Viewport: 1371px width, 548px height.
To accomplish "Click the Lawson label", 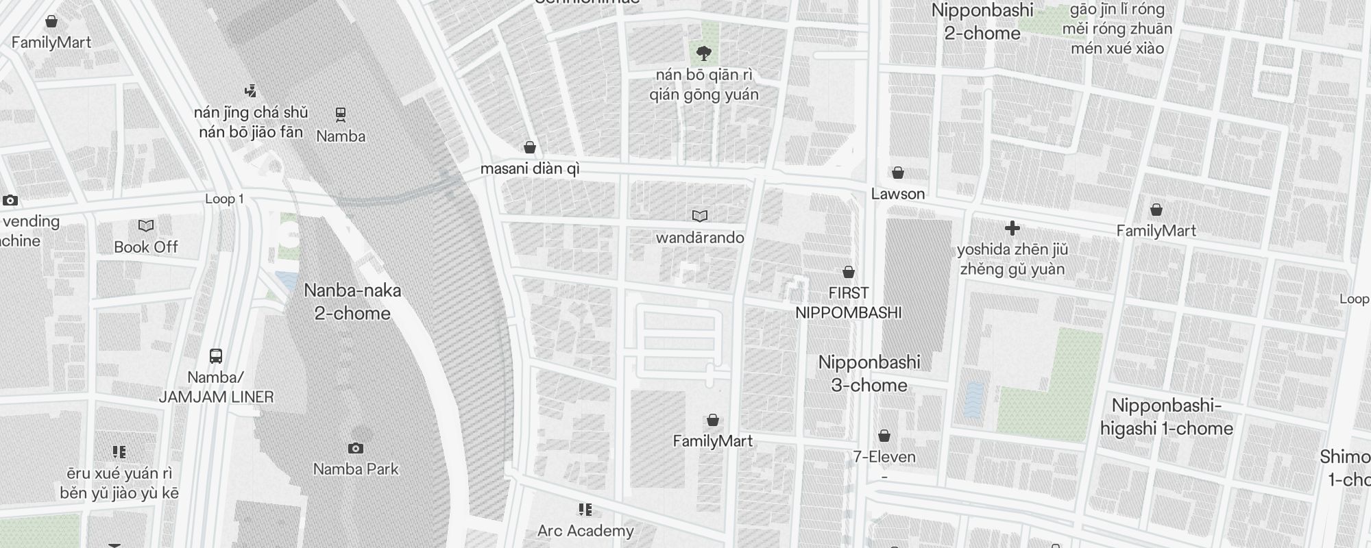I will tap(898, 194).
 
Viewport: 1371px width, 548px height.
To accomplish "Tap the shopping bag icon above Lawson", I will tap(898, 173).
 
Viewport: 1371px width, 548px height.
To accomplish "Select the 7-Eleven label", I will tap(884, 457).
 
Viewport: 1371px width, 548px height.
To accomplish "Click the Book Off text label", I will tap(146, 247).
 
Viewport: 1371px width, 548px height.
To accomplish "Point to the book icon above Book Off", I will tap(146, 225).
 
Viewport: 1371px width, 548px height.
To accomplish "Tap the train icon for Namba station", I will tap(341, 114).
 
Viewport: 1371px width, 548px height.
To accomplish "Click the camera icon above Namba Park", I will tap(355, 448).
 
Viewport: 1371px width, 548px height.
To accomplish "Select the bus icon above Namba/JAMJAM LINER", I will tap(216, 356).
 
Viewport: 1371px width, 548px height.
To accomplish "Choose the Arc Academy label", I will tap(585, 531).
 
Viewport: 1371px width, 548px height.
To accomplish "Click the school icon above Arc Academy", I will tap(585, 509).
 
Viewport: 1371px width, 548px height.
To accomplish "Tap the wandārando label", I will tap(700, 238).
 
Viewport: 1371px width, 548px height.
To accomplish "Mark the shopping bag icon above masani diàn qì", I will tap(529, 147).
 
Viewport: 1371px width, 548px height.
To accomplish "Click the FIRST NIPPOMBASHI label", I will tap(849, 303).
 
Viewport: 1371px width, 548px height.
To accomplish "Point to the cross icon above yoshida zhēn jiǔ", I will tap(1012, 228).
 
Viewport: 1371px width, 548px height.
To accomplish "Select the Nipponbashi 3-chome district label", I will tap(869, 374).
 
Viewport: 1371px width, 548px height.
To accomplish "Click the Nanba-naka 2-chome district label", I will tap(352, 302).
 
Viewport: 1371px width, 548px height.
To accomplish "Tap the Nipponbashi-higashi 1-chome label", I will tap(1167, 417).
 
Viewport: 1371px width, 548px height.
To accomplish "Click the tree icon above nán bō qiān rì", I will tap(703, 52).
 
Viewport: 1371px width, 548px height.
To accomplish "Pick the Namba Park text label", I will tap(356, 470).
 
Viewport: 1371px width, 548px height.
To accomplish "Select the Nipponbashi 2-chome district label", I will tap(982, 22).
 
